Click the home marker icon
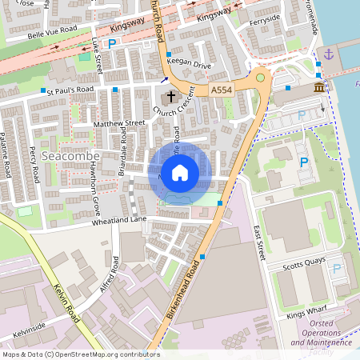point(180,172)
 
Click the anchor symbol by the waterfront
point(326,54)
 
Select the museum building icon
point(319,86)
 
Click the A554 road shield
point(222,92)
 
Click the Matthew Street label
point(118,124)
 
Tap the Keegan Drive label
point(192,66)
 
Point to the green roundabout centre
point(260,78)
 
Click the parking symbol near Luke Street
point(112,45)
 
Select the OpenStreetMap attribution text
point(80,354)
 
